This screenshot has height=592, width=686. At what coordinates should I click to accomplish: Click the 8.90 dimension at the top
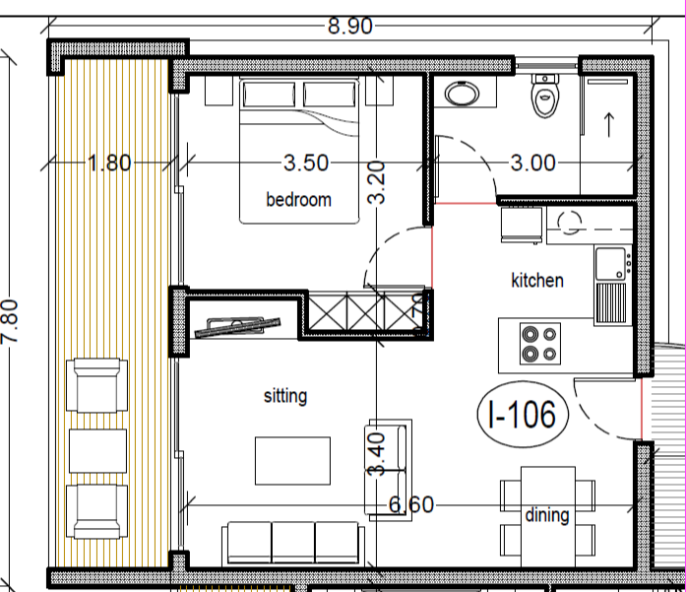(349, 27)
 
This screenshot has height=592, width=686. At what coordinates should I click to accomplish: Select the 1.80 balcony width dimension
(108, 163)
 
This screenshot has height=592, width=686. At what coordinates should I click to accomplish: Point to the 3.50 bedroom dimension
(305, 163)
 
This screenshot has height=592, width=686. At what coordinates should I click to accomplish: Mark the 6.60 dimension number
(412, 506)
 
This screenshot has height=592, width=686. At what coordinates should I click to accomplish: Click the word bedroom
(298, 200)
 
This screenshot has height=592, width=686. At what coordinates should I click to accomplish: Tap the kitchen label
(537, 281)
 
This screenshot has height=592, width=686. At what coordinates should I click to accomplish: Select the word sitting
(285, 396)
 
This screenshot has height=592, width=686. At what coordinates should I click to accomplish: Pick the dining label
(546, 515)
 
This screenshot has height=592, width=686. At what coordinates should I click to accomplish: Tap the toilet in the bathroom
(543, 98)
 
